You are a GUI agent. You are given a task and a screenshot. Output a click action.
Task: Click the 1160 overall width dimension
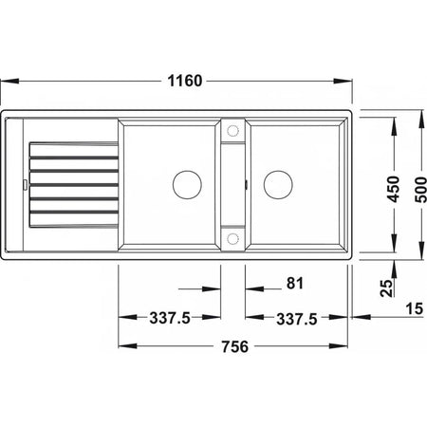[x=185, y=81]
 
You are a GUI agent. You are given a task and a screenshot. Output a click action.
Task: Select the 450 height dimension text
[x=394, y=189]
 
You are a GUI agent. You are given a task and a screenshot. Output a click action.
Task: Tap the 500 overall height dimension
[x=420, y=190]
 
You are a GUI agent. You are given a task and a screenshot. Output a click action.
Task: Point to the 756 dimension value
[x=234, y=346]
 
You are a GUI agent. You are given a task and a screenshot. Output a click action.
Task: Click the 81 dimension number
[x=295, y=284]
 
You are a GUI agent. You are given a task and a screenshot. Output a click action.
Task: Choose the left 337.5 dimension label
[x=170, y=318]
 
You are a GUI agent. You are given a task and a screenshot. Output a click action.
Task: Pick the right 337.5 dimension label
[x=297, y=319]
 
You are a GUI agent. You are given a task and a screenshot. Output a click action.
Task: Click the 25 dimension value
[x=387, y=288]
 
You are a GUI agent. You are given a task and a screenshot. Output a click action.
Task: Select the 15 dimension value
[x=415, y=308]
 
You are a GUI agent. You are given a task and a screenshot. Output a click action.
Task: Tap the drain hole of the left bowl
[x=187, y=185]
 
